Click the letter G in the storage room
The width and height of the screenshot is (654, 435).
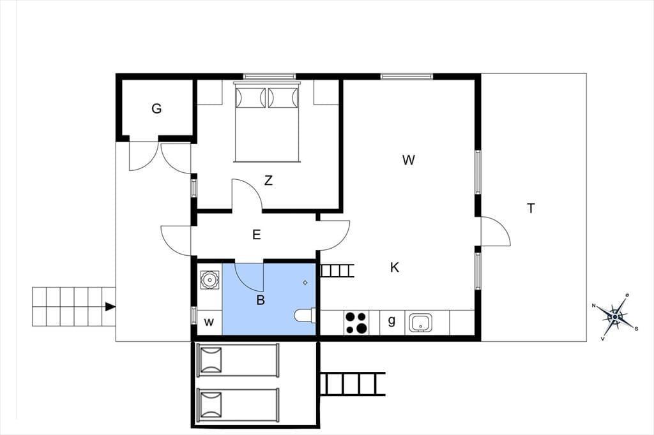[x=156, y=108]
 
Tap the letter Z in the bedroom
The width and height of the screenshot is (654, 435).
[x=268, y=181]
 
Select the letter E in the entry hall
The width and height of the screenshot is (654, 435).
[x=257, y=235]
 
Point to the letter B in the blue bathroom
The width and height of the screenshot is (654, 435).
[x=261, y=300]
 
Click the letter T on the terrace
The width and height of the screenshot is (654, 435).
[x=531, y=209]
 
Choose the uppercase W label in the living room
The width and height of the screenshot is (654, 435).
[x=409, y=160]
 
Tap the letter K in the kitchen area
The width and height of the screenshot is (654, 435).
[x=395, y=267]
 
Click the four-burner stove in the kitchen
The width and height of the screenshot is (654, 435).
[x=356, y=323]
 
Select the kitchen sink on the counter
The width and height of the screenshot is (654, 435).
[x=420, y=323]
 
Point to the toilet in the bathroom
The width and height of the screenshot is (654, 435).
[x=305, y=316]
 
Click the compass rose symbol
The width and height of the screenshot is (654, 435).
[x=615, y=317]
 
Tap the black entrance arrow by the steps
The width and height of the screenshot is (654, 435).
[x=110, y=307]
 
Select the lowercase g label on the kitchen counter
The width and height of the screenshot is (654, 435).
[x=392, y=320]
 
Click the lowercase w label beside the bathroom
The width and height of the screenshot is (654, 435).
[x=209, y=322]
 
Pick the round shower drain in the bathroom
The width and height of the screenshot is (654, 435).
[x=305, y=283]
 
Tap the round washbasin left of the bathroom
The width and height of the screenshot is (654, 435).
[x=209, y=280]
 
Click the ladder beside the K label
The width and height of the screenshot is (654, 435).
[x=337, y=271]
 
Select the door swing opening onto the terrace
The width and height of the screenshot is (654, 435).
[x=496, y=232]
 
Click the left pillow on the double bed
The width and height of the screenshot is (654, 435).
[x=250, y=98]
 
